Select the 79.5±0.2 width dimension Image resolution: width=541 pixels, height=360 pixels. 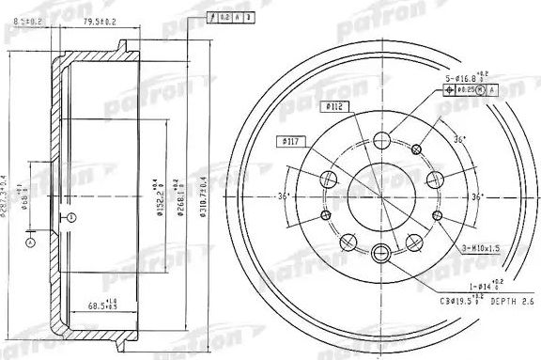tap(99, 20)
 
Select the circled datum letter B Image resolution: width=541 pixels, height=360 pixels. tap(70, 218)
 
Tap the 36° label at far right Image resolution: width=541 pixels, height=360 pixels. tap(476, 197)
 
